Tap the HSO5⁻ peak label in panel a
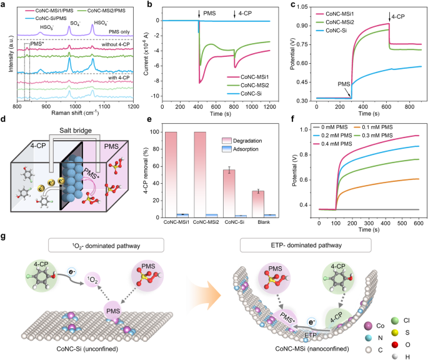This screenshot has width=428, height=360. [46, 28]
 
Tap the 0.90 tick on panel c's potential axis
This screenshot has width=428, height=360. [301, 27]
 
